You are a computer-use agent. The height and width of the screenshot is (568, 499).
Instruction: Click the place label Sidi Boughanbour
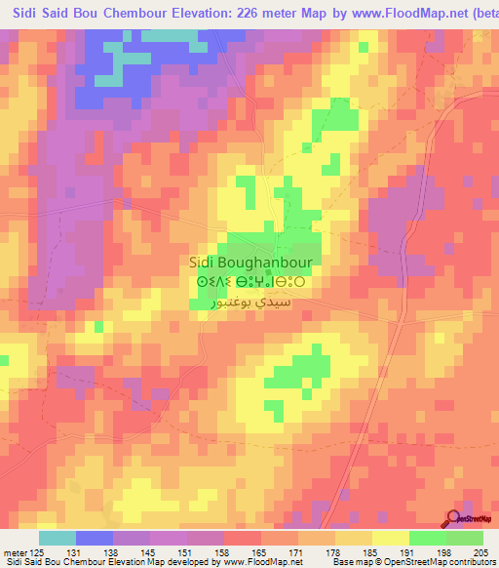[249, 263]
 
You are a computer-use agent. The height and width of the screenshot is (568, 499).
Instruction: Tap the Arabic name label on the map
[249, 304]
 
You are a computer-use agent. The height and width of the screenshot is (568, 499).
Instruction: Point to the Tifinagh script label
[249, 283]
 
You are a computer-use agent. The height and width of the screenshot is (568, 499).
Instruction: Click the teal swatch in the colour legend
[58, 538]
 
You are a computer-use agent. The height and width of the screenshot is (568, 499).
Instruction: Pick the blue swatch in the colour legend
[95, 538]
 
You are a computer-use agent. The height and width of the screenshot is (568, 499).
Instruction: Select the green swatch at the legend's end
[464, 538]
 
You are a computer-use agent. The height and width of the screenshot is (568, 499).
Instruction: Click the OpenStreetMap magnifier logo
[453, 518]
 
